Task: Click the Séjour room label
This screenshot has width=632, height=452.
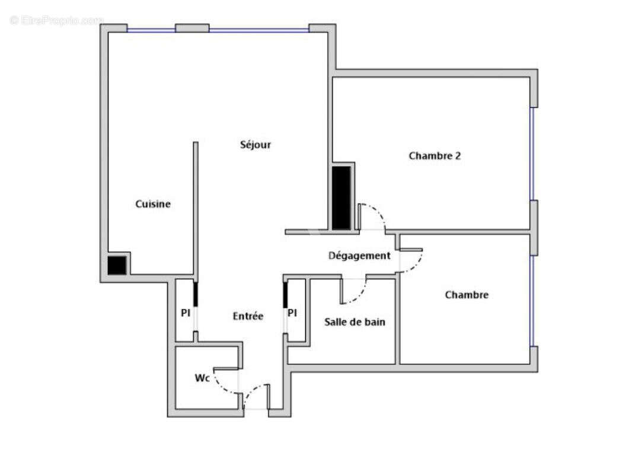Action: coord(256,144)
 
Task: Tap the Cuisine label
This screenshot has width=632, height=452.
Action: coord(153,204)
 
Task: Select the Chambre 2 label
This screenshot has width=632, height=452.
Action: coord(435,156)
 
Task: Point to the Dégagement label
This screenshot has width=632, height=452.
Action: coord(359,256)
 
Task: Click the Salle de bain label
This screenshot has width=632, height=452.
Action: coord(355,322)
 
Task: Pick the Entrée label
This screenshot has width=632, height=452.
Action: coord(248,316)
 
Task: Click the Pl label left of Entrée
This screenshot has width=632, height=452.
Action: coord(186,313)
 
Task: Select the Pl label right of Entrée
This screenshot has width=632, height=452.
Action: coord(292,313)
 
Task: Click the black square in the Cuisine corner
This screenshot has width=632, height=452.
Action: coord(117,265)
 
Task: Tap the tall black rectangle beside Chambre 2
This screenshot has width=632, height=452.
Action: coord(341,198)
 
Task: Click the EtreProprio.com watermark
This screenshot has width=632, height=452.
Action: coord(56,20)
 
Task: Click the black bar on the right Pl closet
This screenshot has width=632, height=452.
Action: coord(285,295)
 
